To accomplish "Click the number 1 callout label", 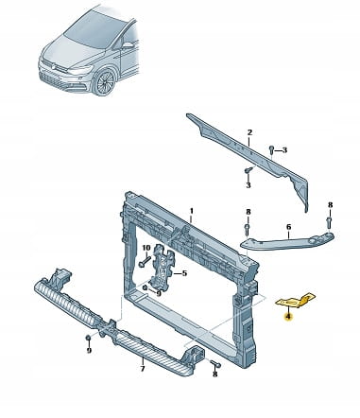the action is pyautogui.click(x=191, y=211).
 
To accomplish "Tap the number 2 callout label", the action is pyautogui.click(x=249, y=132).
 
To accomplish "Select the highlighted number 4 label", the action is pyautogui.click(x=288, y=317).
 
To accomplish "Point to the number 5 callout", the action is pyautogui.click(x=184, y=273).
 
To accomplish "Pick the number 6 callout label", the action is pyautogui.click(x=288, y=227).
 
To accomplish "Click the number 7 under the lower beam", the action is pyautogui.click(x=143, y=368).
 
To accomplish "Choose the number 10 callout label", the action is pyautogui.click(x=146, y=248).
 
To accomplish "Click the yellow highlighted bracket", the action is pyautogui.click(x=296, y=301).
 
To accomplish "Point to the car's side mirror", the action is pyautogui.click(x=128, y=45).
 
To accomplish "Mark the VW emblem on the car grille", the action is pyautogui.click(x=52, y=65).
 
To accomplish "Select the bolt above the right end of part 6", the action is pyautogui.click(x=330, y=222).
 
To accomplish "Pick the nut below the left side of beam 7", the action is pyautogui.click(x=88, y=339).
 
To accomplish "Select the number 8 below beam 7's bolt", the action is pyautogui.click(x=215, y=374).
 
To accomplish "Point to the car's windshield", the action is pyautogui.click(x=94, y=29).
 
